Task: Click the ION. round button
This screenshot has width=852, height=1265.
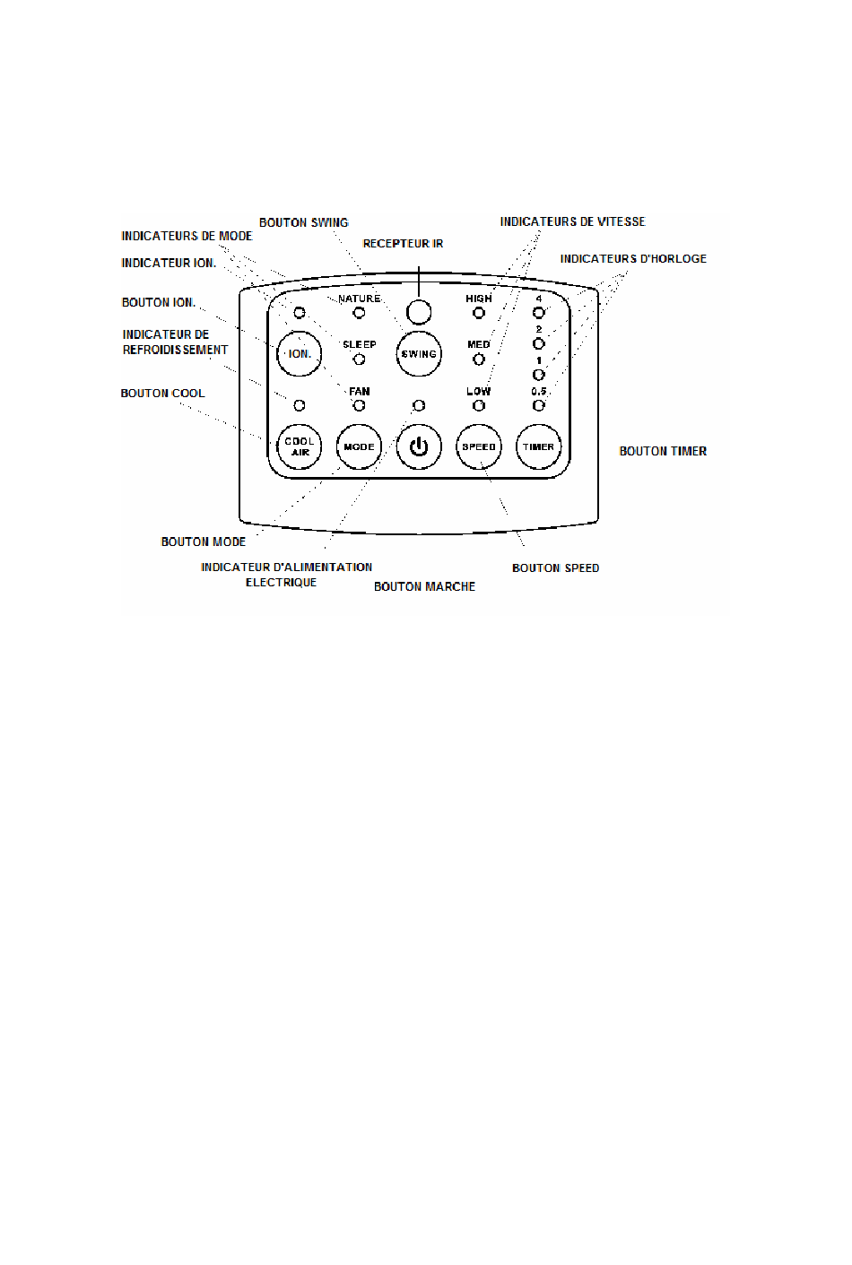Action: point(300,353)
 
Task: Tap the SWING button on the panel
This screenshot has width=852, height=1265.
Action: point(419,353)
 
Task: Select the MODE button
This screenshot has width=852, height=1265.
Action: point(360,446)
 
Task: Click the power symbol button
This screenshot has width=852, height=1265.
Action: point(419,446)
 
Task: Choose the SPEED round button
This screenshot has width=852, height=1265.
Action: point(479,446)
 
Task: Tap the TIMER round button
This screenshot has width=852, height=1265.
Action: point(538,446)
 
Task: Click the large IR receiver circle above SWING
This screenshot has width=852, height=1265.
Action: point(419,312)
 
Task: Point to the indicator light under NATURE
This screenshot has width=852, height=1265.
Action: point(360,312)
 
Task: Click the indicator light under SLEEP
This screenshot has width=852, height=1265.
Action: point(360,360)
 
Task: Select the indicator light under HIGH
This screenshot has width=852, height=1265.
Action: point(479,312)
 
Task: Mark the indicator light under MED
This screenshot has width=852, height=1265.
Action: point(479,360)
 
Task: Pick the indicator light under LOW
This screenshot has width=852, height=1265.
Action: point(479,405)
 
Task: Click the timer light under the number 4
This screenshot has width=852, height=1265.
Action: point(538,312)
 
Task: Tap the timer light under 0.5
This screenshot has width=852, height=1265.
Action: point(538,405)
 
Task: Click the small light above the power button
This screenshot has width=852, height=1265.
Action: point(419,405)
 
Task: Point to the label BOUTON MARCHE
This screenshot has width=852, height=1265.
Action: point(424,586)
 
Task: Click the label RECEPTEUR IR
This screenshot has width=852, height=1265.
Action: point(403,243)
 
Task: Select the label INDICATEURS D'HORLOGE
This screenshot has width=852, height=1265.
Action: point(633,258)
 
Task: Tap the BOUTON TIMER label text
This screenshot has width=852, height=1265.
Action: point(663,451)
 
